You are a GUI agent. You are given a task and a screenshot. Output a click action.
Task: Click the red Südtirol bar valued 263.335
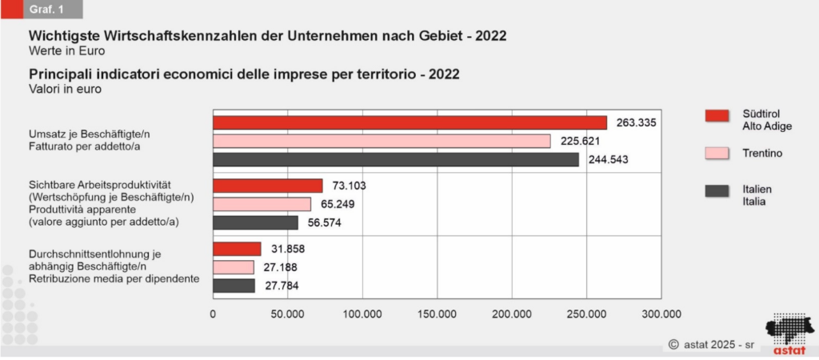pos(409,122)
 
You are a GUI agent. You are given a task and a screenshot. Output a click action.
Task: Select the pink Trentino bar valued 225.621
pos(382,141)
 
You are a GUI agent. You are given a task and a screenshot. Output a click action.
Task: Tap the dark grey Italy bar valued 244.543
pos(396,159)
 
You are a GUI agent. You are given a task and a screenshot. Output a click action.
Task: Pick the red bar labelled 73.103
pos(267,186)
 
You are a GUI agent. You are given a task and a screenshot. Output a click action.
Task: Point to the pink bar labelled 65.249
pos(262,204)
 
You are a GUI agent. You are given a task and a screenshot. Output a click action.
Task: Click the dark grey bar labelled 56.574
pos(255,222)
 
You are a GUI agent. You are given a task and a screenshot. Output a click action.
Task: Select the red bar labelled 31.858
pos(237,249)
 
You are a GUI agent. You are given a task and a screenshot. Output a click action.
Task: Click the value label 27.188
pos(286,266)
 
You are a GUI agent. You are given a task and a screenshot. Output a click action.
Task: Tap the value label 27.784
pos(286,286)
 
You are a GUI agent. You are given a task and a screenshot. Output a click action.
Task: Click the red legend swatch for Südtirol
pos(721,115)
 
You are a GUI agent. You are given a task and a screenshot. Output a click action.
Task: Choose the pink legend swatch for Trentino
pos(721,153)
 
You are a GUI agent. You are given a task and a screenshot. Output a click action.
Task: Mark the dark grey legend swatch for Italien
pos(721,190)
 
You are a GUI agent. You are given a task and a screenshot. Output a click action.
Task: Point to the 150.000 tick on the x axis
pos(437,314)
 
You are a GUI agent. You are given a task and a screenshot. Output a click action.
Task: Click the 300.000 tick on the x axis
pos(661,314)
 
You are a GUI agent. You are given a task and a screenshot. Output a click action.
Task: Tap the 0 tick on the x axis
pos(213,314)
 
